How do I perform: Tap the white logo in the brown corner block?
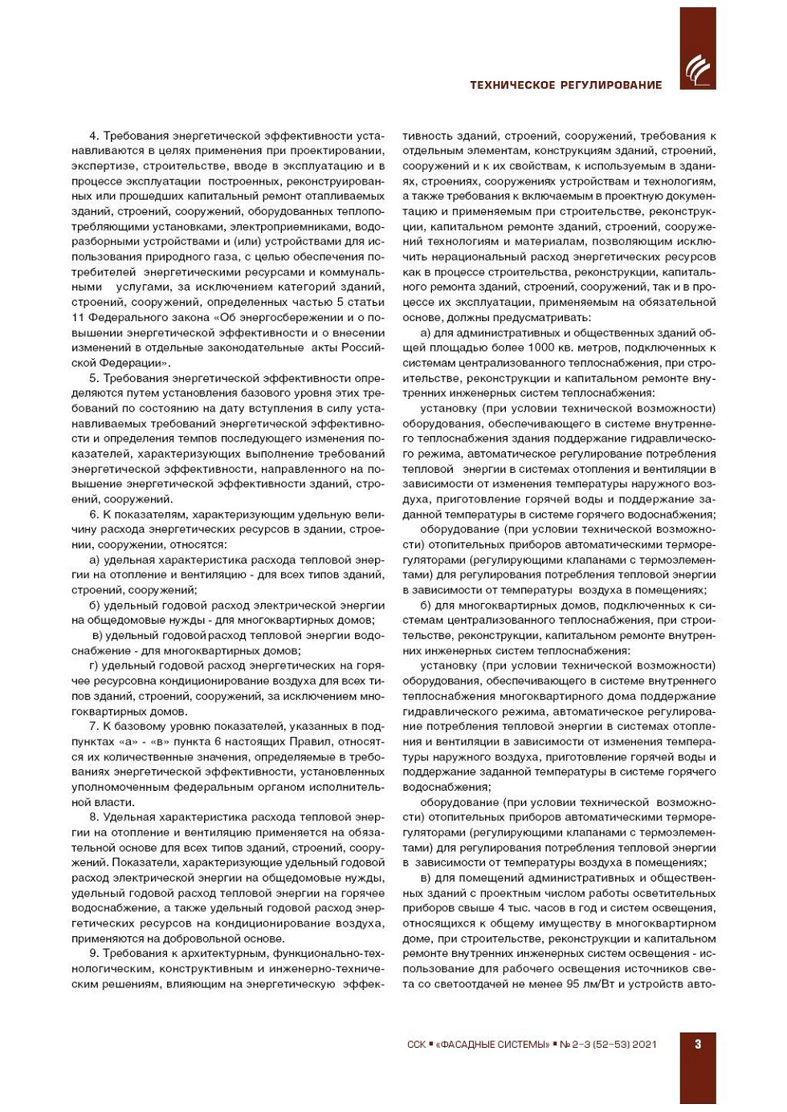point(698,70)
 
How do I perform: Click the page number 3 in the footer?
point(698,1044)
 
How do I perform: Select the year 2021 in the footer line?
point(644,1045)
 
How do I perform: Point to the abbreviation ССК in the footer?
point(417,1045)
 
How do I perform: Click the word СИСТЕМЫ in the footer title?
point(522,1045)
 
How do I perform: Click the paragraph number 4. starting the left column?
point(94,136)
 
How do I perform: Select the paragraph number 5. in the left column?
point(94,378)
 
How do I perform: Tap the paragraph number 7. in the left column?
point(94,727)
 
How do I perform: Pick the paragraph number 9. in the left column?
point(94,953)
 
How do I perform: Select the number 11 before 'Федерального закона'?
point(78,317)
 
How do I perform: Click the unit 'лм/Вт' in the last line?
point(601,984)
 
